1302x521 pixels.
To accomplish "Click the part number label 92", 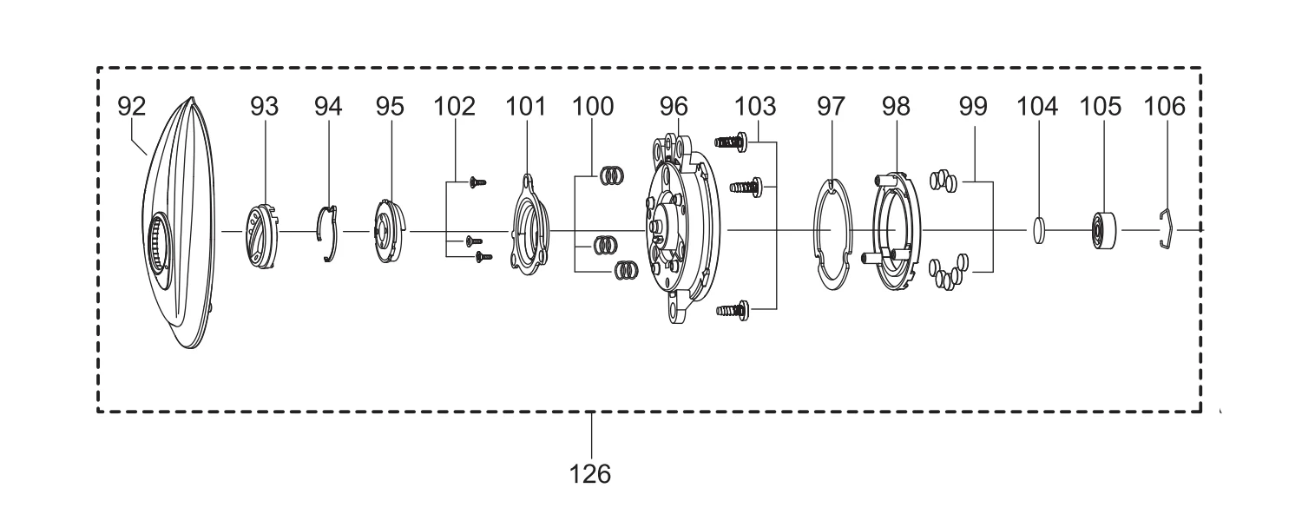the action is (x=131, y=107).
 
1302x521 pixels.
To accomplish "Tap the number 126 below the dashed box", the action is (x=590, y=474).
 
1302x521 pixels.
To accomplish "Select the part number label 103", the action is (x=755, y=107).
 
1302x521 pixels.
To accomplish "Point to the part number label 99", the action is (x=973, y=107).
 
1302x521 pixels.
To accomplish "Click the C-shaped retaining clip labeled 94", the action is (x=330, y=234).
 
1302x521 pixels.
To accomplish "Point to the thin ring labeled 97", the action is (x=832, y=235).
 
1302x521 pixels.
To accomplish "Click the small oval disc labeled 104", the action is (x=1039, y=230).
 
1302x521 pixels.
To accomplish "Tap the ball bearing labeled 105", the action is (x=1104, y=231).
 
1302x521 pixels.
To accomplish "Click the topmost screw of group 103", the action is (x=731, y=142).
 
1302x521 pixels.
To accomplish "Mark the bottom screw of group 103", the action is (x=733, y=310).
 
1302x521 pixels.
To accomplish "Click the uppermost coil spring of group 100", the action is (x=612, y=175).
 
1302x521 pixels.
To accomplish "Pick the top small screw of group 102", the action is (x=477, y=182).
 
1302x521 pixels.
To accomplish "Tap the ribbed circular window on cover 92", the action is (x=160, y=250).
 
